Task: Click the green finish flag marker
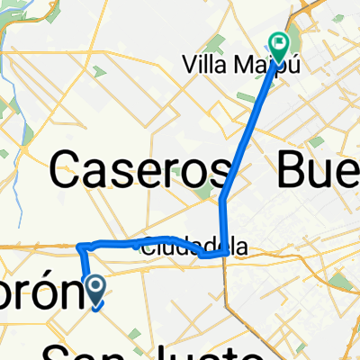point(279,41)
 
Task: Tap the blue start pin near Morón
point(96,288)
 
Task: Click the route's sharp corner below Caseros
point(224,255)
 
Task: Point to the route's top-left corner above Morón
point(80,246)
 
